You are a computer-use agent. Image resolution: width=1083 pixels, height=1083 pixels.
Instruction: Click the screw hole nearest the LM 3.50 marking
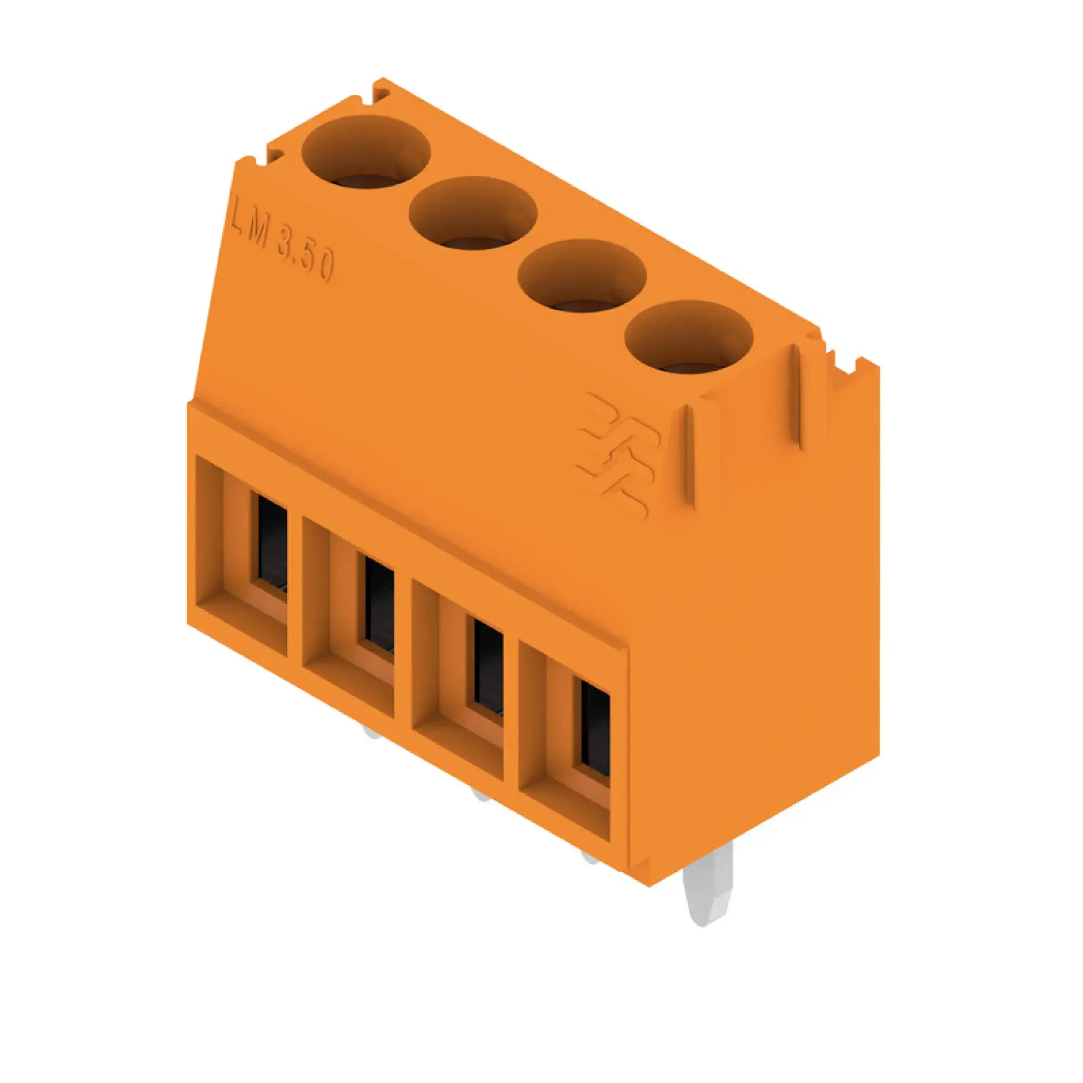pyautogui.click(x=366, y=153)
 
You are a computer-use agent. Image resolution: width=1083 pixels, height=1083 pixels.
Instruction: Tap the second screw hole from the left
pyautogui.click(x=473, y=213)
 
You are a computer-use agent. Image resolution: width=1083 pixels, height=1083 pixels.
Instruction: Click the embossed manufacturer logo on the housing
pyautogui.click(x=617, y=454)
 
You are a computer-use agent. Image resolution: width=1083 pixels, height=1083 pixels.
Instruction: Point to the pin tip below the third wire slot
pyautogui.click(x=480, y=794)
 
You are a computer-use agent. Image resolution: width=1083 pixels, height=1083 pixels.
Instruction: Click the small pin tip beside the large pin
pyautogui.click(x=590, y=857)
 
